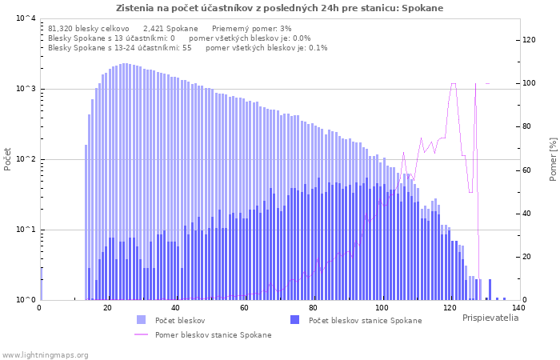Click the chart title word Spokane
pos(422,8)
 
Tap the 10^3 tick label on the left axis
pos(26,89)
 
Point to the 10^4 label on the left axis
pos(26,18)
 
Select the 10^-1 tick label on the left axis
pos(26,230)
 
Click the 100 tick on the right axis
pos(530,83)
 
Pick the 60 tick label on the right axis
pos(526,170)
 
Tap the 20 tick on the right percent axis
pos(526,257)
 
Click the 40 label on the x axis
pos(175,308)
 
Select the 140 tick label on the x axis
pos(518,308)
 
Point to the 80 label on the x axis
pos(313,308)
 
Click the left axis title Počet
pos(7,159)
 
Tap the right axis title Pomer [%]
pos(553,159)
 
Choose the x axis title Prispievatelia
pos(490,318)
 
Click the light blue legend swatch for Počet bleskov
pos(141,320)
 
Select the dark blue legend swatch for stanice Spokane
pos(294,320)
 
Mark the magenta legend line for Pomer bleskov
pos(141,334)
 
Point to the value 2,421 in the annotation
pos(153,29)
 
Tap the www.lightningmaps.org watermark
pos(45,355)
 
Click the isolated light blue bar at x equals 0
pos(41,284)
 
